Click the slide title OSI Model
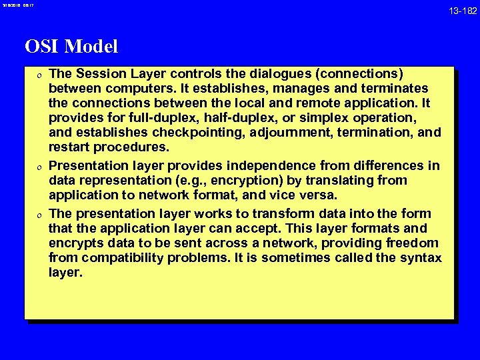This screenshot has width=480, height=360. click(71, 47)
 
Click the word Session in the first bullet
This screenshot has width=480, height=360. click(99, 73)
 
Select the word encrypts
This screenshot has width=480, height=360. click(77, 243)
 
